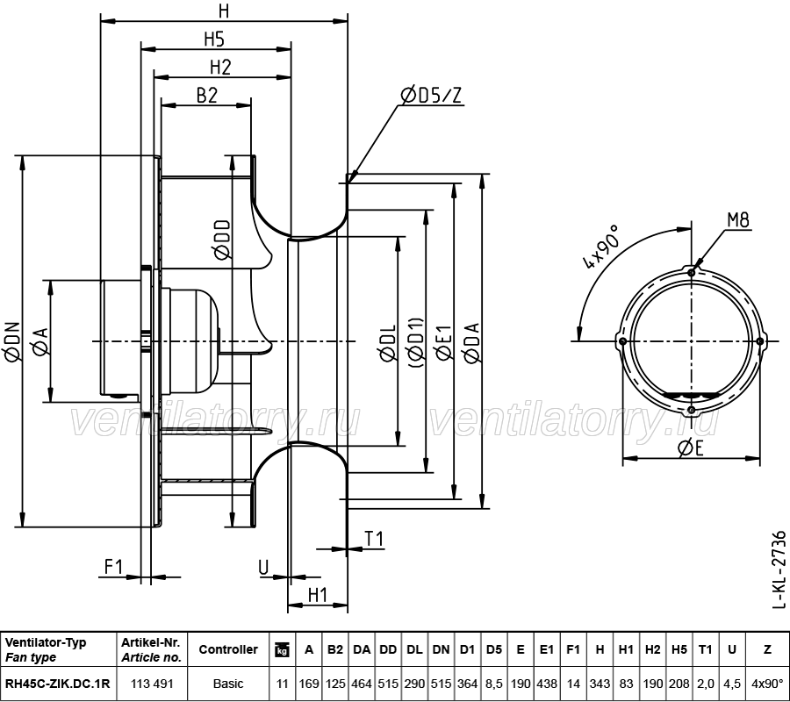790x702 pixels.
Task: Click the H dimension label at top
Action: pyautogui.click(x=224, y=11)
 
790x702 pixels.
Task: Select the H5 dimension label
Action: pyautogui.click(x=215, y=39)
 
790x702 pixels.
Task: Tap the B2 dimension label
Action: pyautogui.click(x=206, y=96)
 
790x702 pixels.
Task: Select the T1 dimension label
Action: pyautogui.click(x=375, y=539)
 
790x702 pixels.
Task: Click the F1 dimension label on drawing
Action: pyautogui.click(x=113, y=567)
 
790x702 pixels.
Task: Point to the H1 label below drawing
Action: pyautogui.click(x=318, y=595)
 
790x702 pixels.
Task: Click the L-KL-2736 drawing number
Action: pyautogui.click(x=778, y=568)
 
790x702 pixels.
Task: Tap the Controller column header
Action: pyautogui.click(x=228, y=650)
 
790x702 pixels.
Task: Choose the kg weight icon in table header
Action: pyautogui.click(x=282, y=650)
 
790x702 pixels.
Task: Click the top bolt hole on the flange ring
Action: pyautogui.click(x=693, y=273)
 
